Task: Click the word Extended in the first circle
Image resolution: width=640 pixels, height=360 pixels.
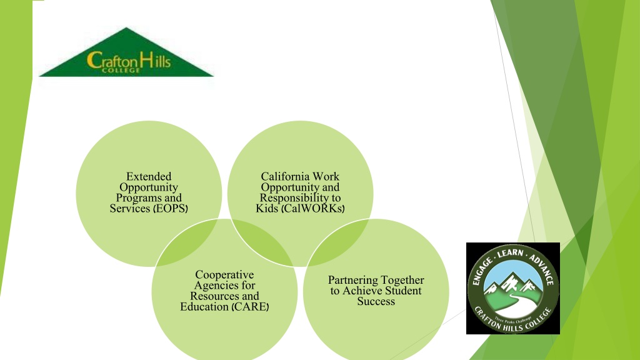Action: point(149,176)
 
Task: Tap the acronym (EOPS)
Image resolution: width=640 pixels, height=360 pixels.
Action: point(171,209)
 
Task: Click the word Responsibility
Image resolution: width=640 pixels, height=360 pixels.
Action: point(289,198)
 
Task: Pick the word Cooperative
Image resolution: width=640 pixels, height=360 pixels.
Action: point(224,275)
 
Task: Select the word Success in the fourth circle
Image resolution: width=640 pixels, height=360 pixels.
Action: point(376,302)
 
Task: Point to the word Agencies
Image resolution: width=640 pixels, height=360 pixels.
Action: point(224,285)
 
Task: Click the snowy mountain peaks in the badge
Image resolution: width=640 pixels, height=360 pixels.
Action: point(513,282)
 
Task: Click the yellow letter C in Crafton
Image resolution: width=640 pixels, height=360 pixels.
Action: point(94,61)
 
